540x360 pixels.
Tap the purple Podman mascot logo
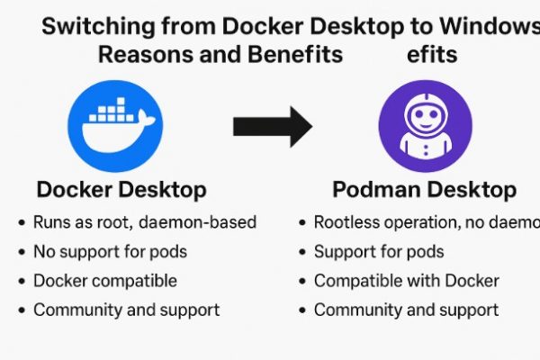tap(425, 126)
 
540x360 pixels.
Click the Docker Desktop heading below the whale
tap(121, 190)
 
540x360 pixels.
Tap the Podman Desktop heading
tap(424, 190)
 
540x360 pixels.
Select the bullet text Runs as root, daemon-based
tap(144, 222)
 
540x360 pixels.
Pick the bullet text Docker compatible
tap(104, 281)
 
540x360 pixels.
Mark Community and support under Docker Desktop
tap(126, 310)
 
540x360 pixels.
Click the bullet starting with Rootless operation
tap(423, 222)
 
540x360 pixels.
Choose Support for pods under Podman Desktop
tap(378, 251)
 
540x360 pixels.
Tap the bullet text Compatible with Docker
tap(406, 281)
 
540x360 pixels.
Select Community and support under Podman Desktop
tap(406, 310)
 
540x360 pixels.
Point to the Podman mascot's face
tap(425, 117)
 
